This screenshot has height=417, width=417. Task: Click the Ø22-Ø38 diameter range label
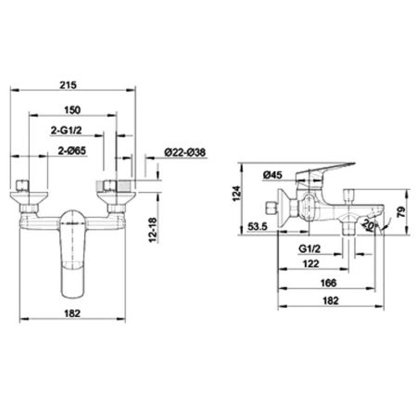point(185,153)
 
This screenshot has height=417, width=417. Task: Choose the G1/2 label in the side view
point(309,249)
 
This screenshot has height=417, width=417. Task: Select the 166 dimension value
point(322,284)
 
